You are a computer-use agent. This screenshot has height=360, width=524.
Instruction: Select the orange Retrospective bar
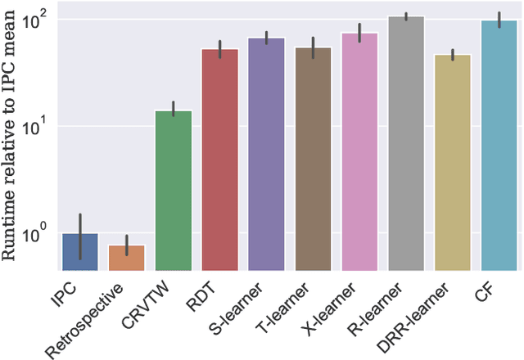(x=126, y=258)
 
